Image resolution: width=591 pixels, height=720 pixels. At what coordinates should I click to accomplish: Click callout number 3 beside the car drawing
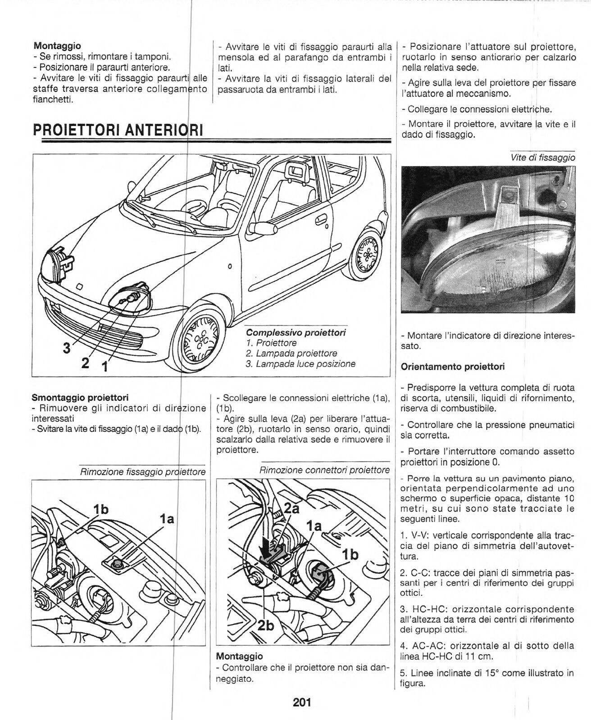tap(67, 349)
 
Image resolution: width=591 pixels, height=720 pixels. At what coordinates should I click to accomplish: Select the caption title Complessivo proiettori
tap(296, 333)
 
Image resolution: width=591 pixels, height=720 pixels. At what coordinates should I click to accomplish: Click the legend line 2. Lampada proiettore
tap(291, 353)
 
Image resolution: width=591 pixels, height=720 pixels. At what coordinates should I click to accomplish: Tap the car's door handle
tap(322, 220)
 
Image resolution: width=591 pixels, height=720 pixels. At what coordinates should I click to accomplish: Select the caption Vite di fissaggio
tap(543, 157)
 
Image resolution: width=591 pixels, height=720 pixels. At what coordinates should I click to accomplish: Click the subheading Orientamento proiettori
tap(453, 367)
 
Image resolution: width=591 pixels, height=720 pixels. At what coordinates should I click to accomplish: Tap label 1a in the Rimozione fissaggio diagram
tap(167, 519)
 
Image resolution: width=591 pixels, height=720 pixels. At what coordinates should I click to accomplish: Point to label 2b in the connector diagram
tap(266, 626)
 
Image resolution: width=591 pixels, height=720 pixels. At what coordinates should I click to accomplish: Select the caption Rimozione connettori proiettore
tap(324, 470)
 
